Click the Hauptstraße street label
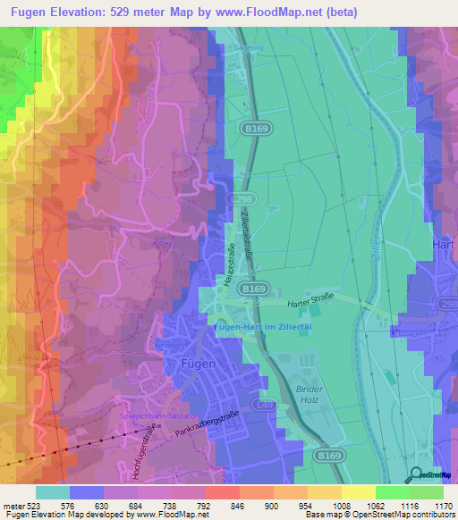(x=230, y=264)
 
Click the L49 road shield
(x=267, y=406)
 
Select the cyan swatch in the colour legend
(x=52, y=492)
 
